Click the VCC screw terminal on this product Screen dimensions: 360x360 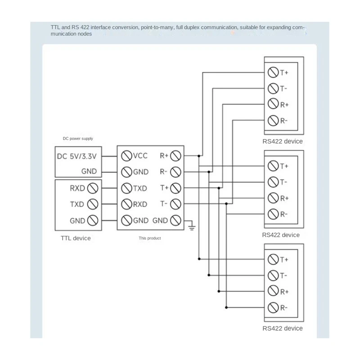tap(126, 156)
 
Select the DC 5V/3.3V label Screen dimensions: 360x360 tap(76, 156)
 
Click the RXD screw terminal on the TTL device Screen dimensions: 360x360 tap(93, 188)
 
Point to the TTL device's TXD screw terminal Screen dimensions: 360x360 tap(93, 204)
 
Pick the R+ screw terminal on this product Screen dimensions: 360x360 tap(175, 156)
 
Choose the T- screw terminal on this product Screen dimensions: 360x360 tap(175, 204)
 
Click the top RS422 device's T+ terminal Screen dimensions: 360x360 tap(273, 72)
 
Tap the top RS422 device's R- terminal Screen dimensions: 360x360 tap(273, 121)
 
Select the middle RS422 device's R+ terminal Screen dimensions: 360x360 tap(273, 198)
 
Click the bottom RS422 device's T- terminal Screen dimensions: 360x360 tap(273, 275)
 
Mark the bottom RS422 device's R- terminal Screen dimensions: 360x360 tap(273, 308)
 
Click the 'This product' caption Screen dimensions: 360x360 tap(150, 238)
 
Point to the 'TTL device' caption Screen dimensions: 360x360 tap(76, 238)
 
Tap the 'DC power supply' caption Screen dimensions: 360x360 tap(78, 139)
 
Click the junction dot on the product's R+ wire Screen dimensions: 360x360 tap(199, 156)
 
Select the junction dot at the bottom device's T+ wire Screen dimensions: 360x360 tap(199, 259)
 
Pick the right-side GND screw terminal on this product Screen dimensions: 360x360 tap(175, 220)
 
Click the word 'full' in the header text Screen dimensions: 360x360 tap(180, 27)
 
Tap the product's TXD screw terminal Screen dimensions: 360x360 tap(126, 188)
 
